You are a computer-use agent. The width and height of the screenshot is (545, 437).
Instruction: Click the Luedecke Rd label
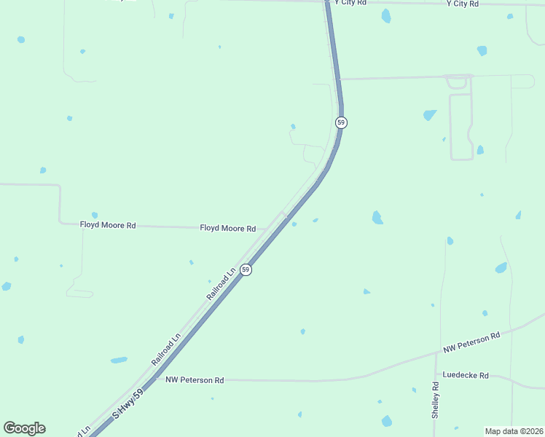(466, 377)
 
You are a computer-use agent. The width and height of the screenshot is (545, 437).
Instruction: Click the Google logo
(24, 428)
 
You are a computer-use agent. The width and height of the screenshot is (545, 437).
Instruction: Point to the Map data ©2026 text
(514, 431)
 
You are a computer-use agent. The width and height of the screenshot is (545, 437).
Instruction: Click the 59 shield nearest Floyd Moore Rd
(246, 269)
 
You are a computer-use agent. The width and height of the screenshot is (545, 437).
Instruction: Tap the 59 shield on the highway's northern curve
(340, 122)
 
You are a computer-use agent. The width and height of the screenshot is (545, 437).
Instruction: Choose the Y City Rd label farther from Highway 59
(463, 4)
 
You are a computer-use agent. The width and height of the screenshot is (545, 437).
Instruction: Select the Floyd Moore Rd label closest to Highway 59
(228, 228)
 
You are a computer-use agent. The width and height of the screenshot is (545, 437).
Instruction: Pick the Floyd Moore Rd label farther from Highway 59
(108, 225)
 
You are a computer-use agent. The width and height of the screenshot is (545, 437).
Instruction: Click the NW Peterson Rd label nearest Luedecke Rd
(472, 343)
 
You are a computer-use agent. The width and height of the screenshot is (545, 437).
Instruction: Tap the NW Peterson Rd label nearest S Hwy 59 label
(195, 379)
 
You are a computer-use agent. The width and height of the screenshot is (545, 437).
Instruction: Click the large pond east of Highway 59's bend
(377, 217)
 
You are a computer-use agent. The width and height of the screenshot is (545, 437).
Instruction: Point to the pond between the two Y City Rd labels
(385, 15)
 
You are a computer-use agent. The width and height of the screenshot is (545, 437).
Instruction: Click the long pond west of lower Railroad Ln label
(119, 360)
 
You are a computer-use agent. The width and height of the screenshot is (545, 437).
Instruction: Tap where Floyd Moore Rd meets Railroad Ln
(265, 229)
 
